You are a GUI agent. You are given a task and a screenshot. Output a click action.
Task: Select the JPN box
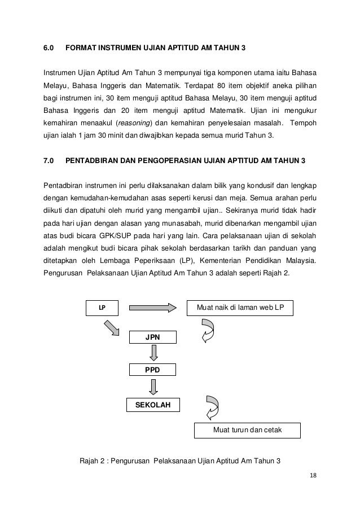coord(152,337)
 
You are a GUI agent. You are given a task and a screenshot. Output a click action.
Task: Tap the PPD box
coord(152,370)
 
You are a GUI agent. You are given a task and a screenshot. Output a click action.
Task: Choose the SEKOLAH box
coord(153,405)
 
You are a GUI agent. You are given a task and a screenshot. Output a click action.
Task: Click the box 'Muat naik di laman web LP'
coord(240,308)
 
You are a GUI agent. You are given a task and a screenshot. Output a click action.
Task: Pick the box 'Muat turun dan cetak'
coord(247,431)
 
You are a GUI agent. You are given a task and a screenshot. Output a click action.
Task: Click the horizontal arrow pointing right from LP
coord(153,308)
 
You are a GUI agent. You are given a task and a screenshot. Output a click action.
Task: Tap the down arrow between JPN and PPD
coord(152,353)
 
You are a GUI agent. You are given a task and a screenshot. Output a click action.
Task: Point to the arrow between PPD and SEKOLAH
coord(152,387)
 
